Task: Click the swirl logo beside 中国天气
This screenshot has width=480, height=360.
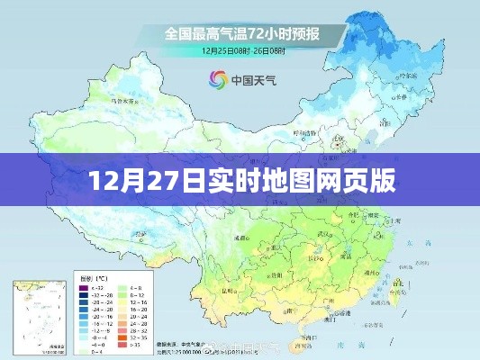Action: (x=217, y=78)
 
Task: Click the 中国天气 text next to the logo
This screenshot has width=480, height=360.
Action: (x=249, y=78)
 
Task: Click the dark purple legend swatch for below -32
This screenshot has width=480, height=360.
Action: (x=83, y=287)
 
